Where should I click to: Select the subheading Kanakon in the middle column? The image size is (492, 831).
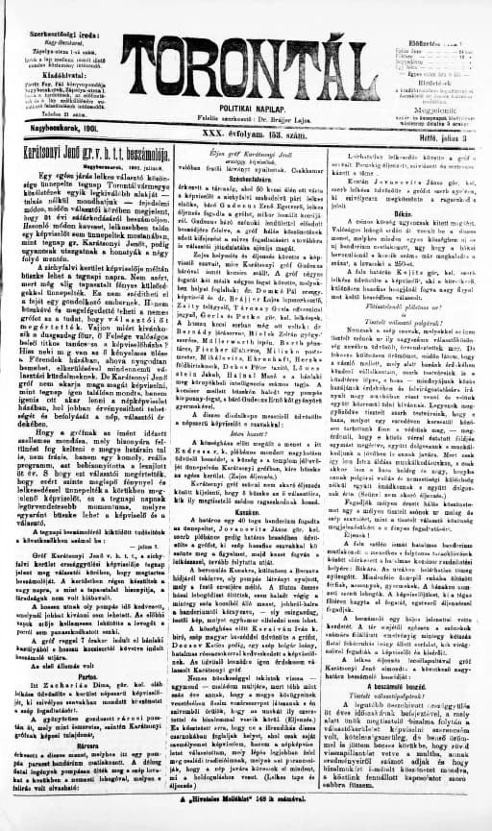(x=246, y=510)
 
